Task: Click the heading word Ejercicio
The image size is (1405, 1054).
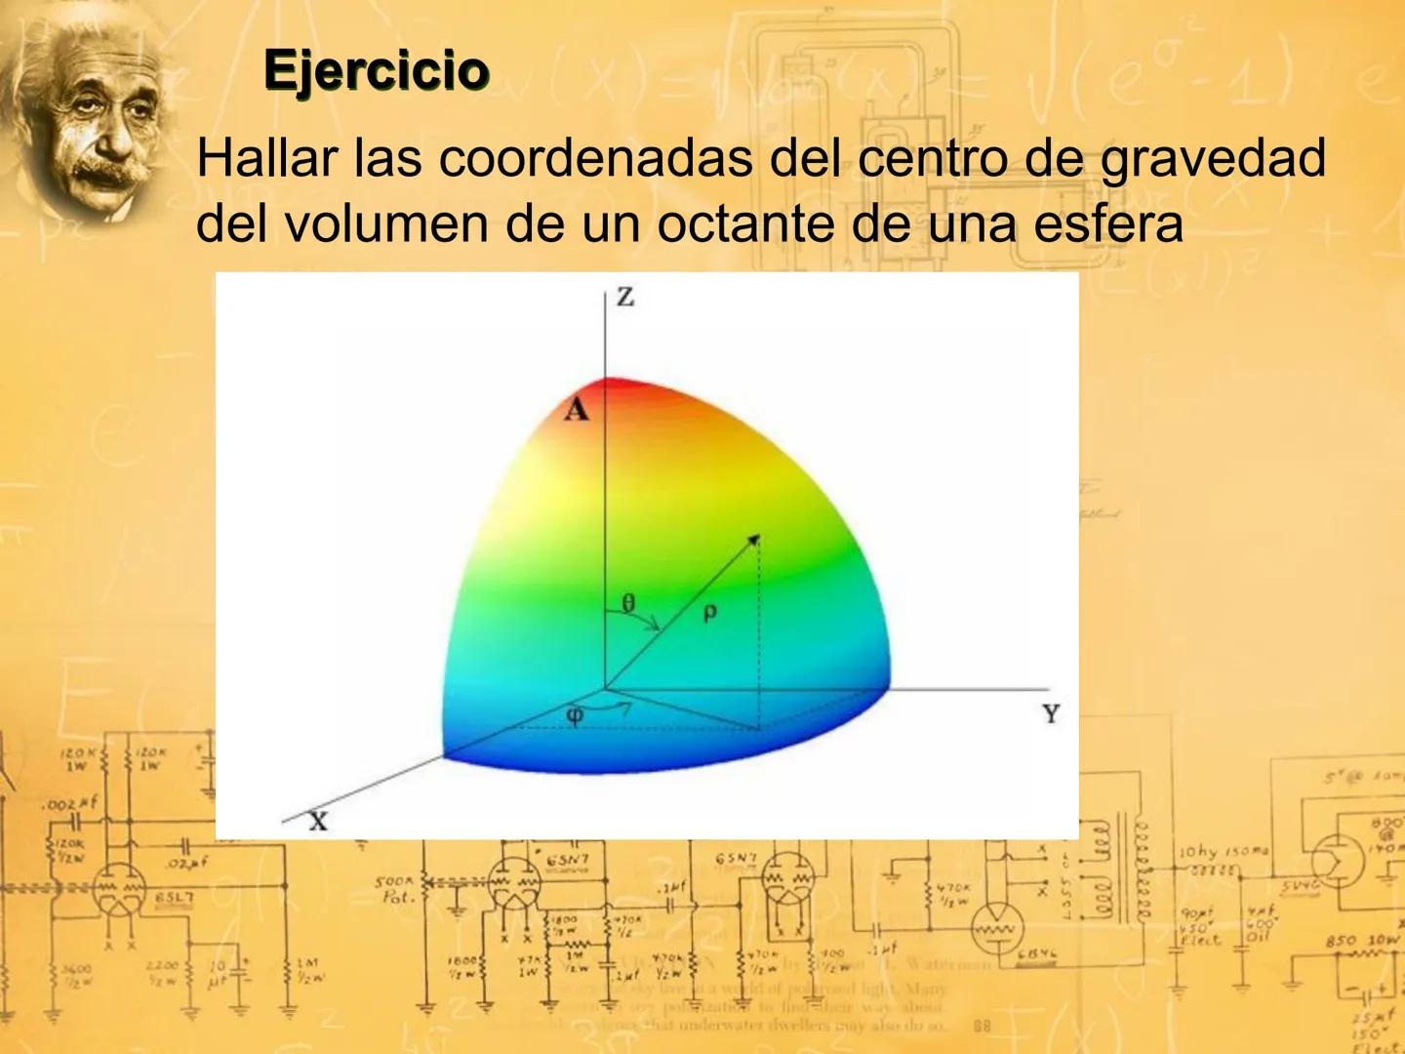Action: click(376, 71)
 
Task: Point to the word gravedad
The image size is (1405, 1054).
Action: click(1213, 160)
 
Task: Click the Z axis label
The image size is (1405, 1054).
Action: click(625, 297)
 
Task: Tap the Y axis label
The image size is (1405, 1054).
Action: click(1051, 714)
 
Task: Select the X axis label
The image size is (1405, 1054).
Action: click(319, 822)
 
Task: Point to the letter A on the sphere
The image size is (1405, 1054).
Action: click(577, 410)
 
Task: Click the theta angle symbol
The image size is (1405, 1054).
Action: click(628, 603)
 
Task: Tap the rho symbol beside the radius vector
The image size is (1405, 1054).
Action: click(709, 612)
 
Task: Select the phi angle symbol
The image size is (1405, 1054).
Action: click(576, 715)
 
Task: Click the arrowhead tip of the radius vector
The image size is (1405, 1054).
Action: click(756, 537)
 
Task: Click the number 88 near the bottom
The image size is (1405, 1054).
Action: click(983, 1026)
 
